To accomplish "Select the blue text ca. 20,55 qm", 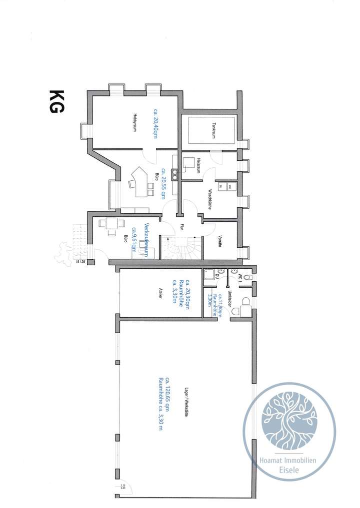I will click(163, 183).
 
